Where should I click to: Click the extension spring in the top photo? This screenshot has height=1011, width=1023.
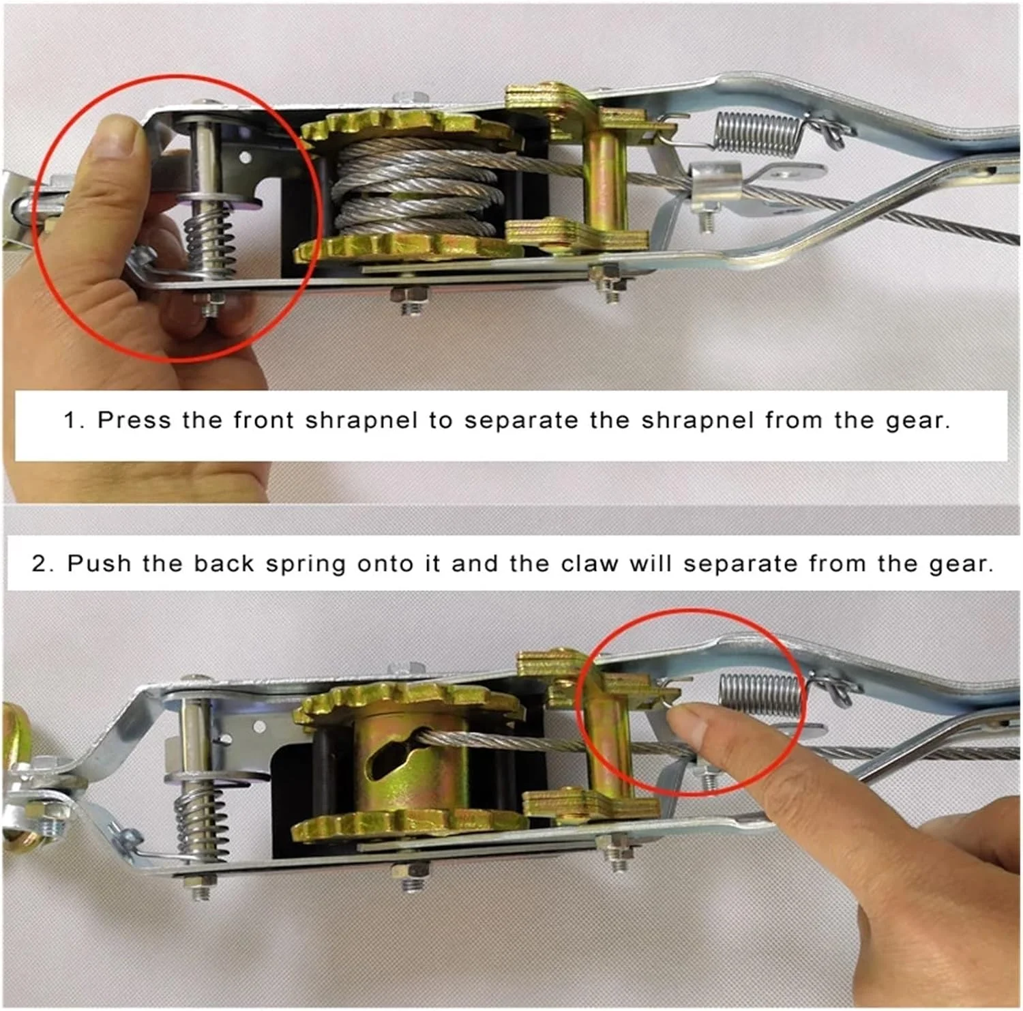pyautogui.click(x=757, y=132)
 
